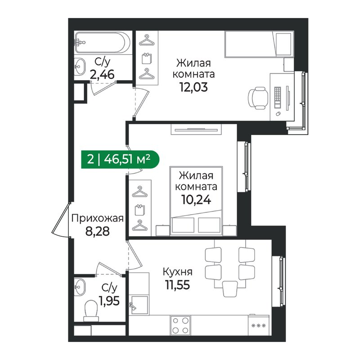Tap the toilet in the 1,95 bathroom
click(91, 311)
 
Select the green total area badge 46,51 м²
click(120, 159)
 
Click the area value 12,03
click(193, 87)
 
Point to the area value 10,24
click(196, 200)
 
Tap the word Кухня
click(178, 272)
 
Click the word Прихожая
click(98, 219)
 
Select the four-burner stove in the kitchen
click(180, 325)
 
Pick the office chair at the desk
click(258, 98)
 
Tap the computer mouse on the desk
click(278, 113)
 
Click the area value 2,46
click(102, 75)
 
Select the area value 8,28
click(97, 231)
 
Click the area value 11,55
click(177, 285)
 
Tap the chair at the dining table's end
click(230, 289)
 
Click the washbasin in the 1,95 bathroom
click(80, 287)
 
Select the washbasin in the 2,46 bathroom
click(80, 67)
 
